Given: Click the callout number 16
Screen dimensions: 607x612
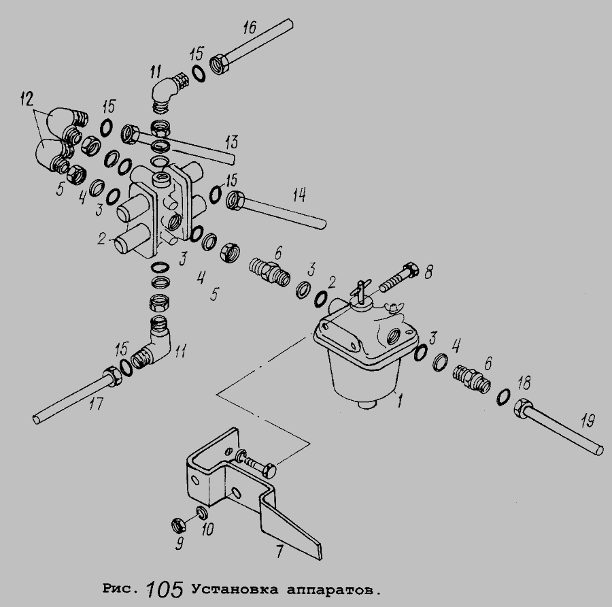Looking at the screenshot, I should pyautogui.click(x=249, y=29).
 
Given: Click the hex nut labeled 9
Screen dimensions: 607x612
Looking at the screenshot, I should pyautogui.click(x=175, y=525).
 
